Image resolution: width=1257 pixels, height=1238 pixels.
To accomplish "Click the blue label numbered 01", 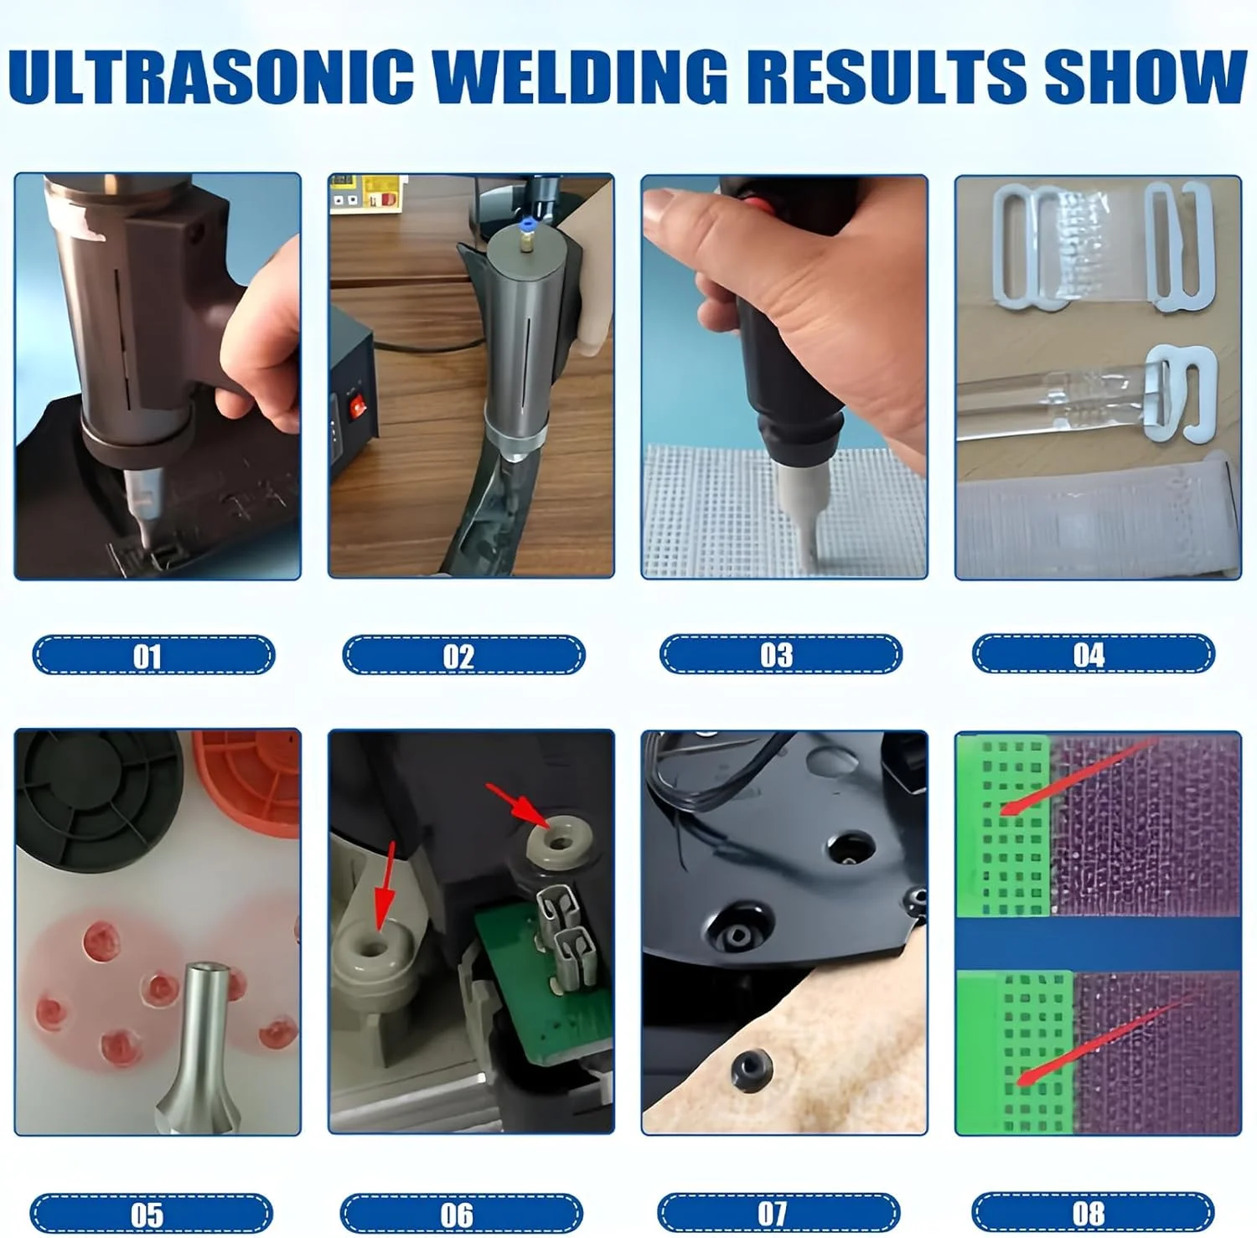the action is [153, 654].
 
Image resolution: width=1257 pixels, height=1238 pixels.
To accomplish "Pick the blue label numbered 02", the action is [463, 654].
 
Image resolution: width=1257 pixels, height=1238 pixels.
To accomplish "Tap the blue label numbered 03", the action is [780, 653].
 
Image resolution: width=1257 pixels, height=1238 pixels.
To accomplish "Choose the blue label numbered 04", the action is [1093, 653].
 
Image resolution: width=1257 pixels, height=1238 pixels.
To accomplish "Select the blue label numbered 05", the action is [151, 1214].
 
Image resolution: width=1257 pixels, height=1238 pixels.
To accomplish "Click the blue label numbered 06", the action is [461, 1214].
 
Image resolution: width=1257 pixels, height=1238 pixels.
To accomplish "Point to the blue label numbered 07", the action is [779, 1213].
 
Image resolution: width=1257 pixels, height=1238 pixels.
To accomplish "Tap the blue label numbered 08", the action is [1093, 1213].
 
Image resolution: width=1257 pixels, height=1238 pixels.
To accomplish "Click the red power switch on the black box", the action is [359, 408].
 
